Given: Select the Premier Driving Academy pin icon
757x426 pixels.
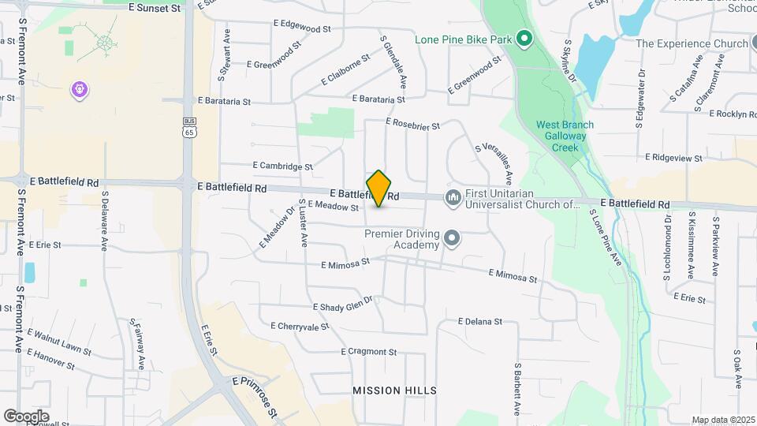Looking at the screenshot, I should tap(451, 237).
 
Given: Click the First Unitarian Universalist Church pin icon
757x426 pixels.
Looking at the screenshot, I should tap(453, 197).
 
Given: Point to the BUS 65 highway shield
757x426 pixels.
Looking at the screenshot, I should tap(189, 128).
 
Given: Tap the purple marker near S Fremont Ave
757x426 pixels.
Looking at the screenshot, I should tap(79, 90).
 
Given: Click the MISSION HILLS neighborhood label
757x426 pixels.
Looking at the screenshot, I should tap(394, 390).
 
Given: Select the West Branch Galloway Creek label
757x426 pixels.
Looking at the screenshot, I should tap(565, 136).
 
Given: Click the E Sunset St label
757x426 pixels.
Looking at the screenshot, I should tap(154, 8).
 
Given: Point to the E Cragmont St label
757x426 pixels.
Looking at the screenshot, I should tap(368, 352).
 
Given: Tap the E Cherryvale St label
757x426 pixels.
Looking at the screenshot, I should tap(300, 326).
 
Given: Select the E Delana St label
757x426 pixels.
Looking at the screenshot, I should tap(479, 322).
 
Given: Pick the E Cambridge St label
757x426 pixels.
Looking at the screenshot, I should tap(282, 166).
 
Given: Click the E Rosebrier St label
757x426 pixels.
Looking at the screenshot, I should tap(412, 122).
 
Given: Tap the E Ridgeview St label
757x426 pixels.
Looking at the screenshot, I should tap(673, 159).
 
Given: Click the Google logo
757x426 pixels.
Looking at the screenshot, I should tap(27, 417).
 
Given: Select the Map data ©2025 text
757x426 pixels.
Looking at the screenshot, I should tap(722, 420).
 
